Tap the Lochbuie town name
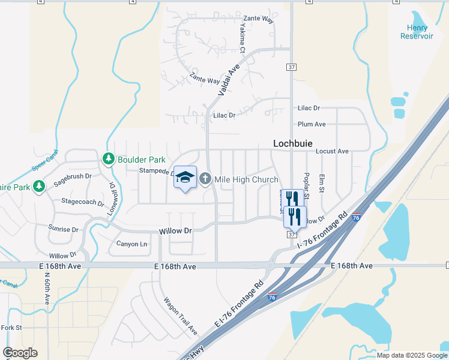(x=295, y=143)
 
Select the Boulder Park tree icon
(x=109, y=160)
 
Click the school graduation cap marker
(x=185, y=177)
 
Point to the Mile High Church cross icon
(x=205, y=179)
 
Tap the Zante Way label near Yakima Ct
(x=259, y=19)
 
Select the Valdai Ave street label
(x=229, y=81)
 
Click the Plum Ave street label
(x=312, y=124)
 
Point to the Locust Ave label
(x=332, y=152)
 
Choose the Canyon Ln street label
(x=131, y=244)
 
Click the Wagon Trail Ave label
(x=180, y=316)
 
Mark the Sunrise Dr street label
(x=63, y=229)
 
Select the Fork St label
(x=11, y=328)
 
